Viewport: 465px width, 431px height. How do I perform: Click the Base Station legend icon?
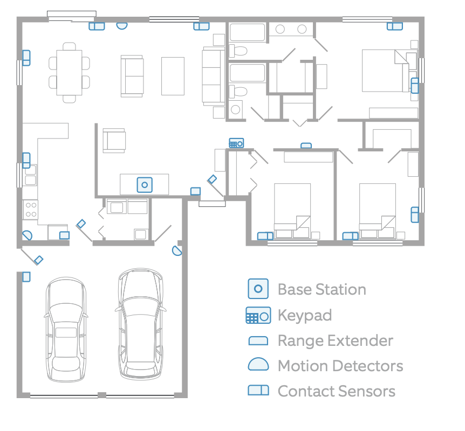258,289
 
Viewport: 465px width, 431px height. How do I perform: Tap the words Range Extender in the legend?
336,340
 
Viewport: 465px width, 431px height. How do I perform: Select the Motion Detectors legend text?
340,366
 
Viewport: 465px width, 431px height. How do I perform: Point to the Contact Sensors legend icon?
258,391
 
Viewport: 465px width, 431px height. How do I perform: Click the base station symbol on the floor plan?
145,185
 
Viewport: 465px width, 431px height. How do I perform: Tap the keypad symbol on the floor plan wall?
236,143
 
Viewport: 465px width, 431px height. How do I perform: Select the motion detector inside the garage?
177,251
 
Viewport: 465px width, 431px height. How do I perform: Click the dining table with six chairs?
70,73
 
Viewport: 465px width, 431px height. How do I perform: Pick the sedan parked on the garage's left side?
66,329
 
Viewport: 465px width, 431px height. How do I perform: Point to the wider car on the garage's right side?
141,324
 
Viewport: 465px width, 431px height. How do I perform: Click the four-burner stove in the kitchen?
31,210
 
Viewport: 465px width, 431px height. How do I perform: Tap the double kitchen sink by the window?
31,175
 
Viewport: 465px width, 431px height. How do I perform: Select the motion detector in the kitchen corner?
28,236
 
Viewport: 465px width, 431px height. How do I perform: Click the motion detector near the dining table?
121,26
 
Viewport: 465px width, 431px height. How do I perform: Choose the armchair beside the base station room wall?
114,141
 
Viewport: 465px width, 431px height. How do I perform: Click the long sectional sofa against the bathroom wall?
214,76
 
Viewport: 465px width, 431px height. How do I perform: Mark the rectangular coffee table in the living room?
173,76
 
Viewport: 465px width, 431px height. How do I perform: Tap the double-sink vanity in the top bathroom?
291,29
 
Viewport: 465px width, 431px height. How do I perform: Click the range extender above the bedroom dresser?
306,145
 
